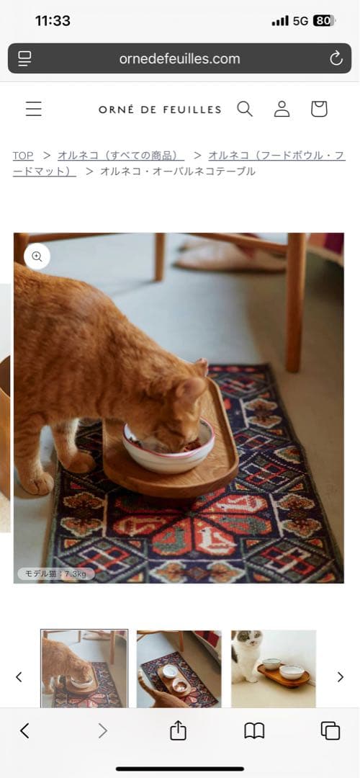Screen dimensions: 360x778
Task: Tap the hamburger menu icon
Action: (x=34, y=109)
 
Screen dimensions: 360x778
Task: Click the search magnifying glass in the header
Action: (x=245, y=109)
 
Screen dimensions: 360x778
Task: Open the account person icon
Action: (x=282, y=109)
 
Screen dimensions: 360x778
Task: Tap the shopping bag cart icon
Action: (x=319, y=109)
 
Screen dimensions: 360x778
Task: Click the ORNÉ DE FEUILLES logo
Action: (x=160, y=109)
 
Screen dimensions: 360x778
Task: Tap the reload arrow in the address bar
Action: (x=336, y=58)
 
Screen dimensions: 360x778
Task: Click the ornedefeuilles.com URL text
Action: (x=179, y=59)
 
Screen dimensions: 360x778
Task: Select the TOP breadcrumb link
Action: (x=23, y=156)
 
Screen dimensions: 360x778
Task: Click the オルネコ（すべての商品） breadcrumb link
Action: (x=120, y=156)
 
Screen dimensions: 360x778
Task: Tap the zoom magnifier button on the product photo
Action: (x=37, y=256)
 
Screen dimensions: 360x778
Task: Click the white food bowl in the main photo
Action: (x=168, y=446)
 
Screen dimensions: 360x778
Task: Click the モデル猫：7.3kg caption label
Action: (x=56, y=573)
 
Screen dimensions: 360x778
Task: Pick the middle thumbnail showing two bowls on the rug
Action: (x=179, y=669)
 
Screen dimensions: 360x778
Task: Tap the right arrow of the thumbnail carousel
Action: (x=340, y=676)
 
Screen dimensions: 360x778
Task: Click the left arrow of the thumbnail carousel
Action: (x=19, y=676)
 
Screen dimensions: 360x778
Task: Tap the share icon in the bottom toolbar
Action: (x=178, y=730)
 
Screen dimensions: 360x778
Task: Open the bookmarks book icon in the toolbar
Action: (x=254, y=730)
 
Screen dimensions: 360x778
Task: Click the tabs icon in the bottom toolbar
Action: (x=330, y=730)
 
